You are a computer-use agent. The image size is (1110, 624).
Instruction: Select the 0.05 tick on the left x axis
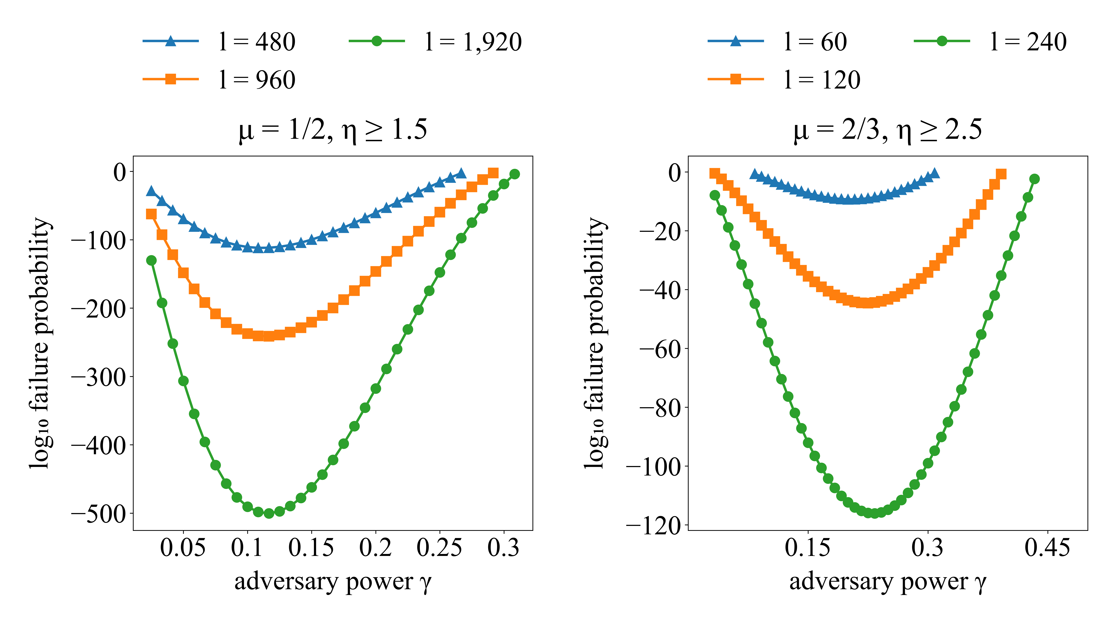[x=183, y=548]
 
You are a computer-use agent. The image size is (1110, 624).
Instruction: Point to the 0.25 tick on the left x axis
[x=439, y=548]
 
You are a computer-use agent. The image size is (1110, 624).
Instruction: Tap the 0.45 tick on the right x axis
[x=1047, y=548]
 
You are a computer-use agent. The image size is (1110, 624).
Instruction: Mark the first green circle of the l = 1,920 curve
[x=151, y=261]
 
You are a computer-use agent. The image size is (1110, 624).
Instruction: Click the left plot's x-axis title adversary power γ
[x=333, y=582]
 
